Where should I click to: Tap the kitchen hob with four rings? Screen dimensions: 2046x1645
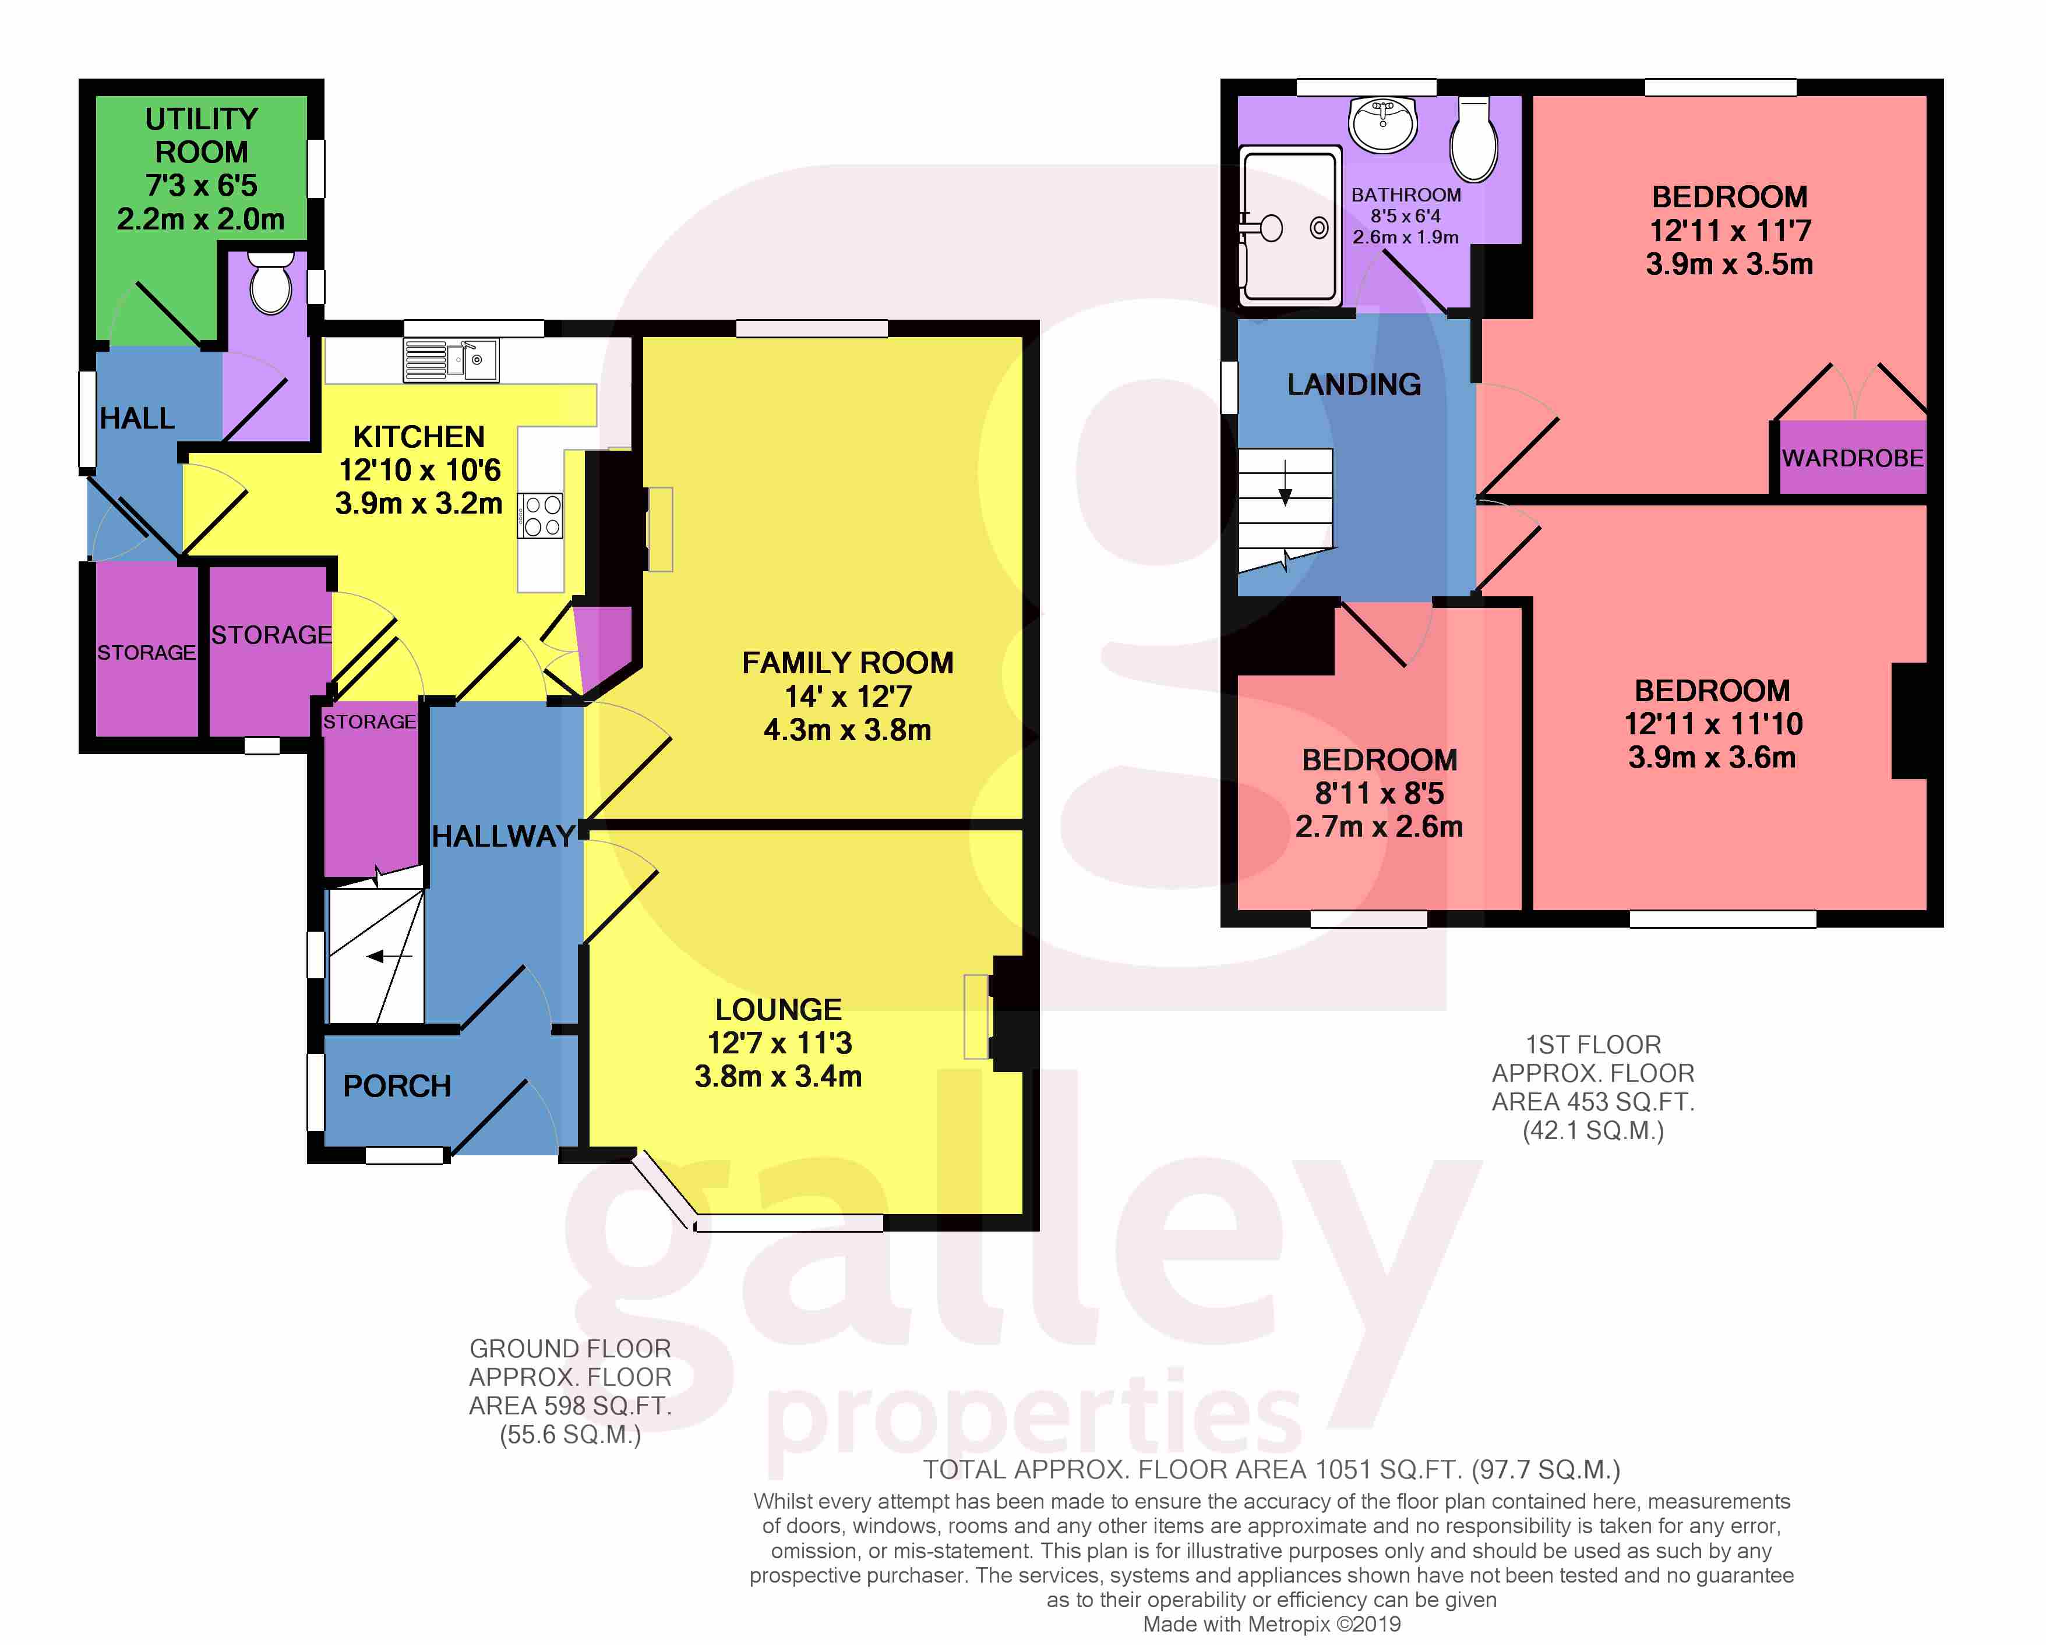(x=541, y=516)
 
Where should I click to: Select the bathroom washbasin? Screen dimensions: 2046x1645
(x=1384, y=124)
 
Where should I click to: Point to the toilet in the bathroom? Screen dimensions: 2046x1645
(x=1474, y=139)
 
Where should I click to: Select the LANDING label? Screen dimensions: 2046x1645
(x=1354, y=384)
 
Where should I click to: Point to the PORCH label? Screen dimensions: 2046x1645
(x=397, y=1086)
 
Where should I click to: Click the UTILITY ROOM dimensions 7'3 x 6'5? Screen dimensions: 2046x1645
(x=201, y=185)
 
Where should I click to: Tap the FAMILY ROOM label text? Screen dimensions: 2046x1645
(x=848, y=662)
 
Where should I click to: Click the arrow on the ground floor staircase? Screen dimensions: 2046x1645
(x=389, y=956)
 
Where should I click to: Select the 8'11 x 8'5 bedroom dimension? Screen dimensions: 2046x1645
(x=1379, y=793)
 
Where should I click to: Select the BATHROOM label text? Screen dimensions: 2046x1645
(x=1405, y=194)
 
